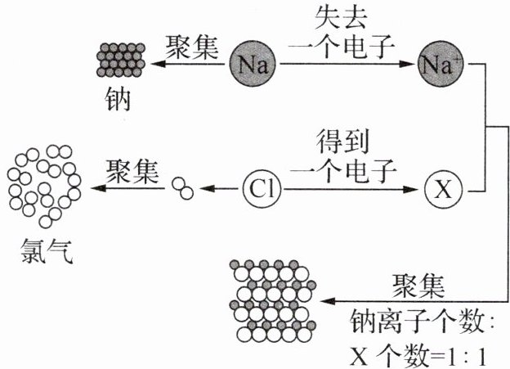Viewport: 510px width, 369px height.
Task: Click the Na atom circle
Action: point(253,64)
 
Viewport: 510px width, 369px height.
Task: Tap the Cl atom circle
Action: point(262,189)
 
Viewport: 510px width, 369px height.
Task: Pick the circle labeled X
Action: point(443,189)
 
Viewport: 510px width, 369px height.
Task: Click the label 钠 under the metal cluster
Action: point(118,99)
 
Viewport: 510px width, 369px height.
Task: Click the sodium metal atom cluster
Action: point(121,60)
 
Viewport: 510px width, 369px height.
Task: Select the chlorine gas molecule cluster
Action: point(44,187)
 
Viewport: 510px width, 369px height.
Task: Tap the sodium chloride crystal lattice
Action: point(272,300)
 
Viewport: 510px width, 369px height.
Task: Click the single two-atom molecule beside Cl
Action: point(183,188)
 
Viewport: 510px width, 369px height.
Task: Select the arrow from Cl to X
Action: point(350,189)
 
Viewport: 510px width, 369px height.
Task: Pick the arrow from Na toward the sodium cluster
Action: point(188,64)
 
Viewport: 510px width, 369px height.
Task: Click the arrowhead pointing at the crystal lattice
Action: point(328,301)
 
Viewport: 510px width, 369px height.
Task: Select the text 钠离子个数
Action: point(416,322)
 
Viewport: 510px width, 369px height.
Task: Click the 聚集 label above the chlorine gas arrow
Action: point(132,171)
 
